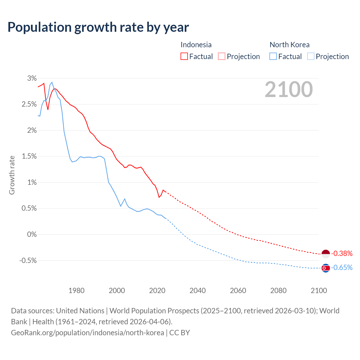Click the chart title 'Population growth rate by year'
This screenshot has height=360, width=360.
(98, 27)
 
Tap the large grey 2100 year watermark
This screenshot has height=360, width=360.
(289, 89)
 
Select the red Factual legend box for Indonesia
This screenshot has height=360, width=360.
(184, 57)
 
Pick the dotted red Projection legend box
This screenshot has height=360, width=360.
(222, 57)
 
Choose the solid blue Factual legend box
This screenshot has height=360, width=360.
(273, 57)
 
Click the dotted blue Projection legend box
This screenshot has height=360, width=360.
(310, 57)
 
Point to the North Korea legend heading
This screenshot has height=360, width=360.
(289, 45)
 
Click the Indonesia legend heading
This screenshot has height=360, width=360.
(196, 45)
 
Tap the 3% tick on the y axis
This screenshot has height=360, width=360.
(32, 78)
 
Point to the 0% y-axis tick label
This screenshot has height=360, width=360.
(32, 235)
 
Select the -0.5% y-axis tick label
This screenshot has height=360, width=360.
(28, 261)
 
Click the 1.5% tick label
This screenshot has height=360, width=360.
(29, 156)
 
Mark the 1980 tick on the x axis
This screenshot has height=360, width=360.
(76, 291)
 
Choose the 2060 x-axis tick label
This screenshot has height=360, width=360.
(238, 291)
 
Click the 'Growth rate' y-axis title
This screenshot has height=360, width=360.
(12, 175)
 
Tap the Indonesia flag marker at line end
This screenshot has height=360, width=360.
(325, 254)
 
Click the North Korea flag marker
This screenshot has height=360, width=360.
(325, 268)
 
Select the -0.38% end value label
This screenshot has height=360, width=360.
(342, 254)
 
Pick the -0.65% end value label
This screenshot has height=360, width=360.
(342, 267)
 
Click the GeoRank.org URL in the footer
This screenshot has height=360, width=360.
(87, 333)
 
